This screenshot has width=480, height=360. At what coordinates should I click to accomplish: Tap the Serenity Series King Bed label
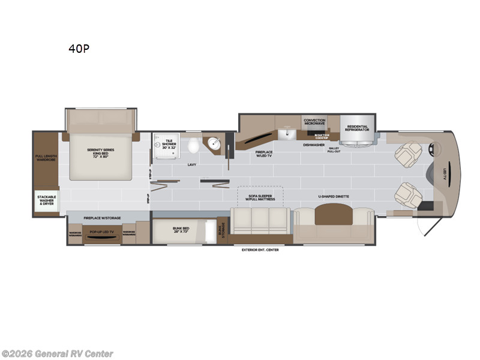(x=100, y=152)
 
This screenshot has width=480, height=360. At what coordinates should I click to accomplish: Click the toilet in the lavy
(x=193, y=146)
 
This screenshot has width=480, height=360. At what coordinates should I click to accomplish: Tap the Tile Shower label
(x=169, y=144)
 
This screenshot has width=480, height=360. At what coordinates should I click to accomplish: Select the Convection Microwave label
(x=314, y=122)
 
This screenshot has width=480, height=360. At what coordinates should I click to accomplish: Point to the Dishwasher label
(x=314, y=145)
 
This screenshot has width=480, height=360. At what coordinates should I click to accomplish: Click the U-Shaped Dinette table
(x=332, y=215)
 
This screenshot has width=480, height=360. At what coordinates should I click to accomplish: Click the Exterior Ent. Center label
(x=260, y=250)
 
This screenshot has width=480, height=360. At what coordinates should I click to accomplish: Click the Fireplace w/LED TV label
(x=264, y=154)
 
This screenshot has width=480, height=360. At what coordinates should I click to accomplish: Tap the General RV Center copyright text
(x=58, y=354)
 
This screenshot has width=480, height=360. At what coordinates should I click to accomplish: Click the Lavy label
(x=192, y=164)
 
